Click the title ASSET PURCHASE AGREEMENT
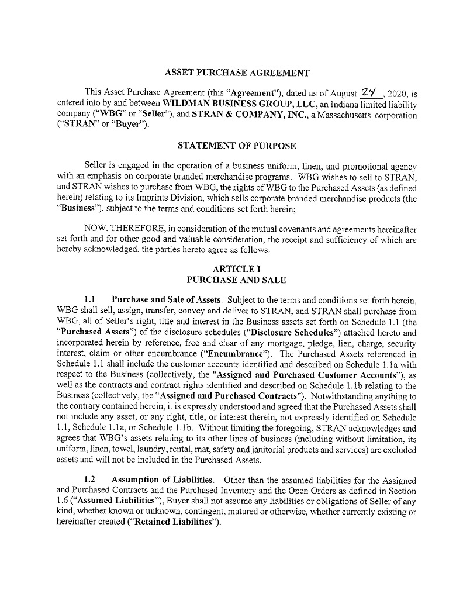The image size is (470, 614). coord(237,73)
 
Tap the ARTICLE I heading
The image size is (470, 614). coord(237,268)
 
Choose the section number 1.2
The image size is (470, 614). coord(90,480)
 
